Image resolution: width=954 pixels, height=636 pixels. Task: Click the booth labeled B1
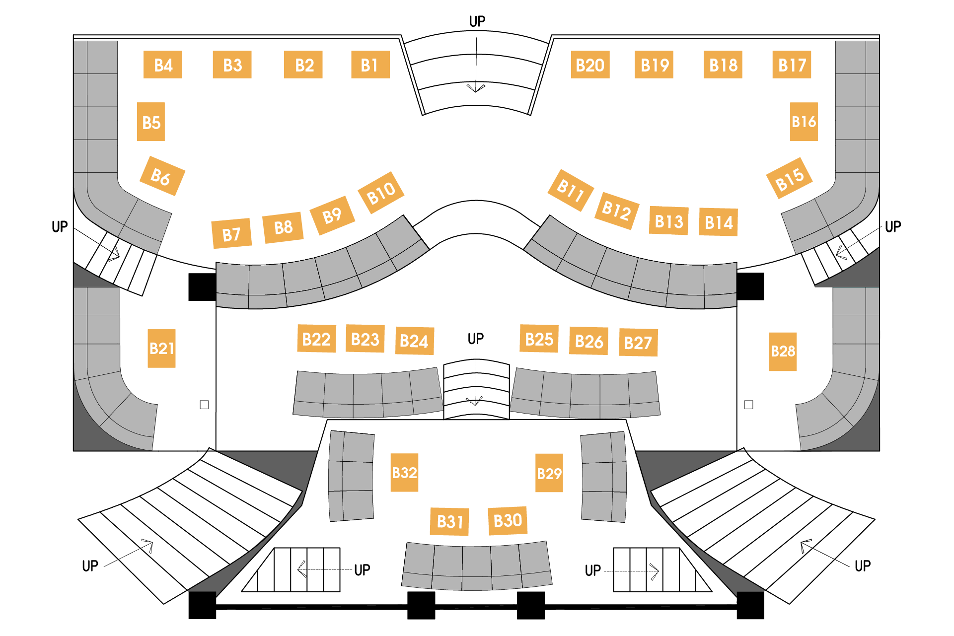tap(370, 65)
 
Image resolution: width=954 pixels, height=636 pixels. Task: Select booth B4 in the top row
tap(163, 65)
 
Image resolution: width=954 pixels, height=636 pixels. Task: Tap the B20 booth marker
tap(590, 65)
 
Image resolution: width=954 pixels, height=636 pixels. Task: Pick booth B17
tap(792, 65)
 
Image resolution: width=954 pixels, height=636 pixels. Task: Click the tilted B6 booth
tap(162, 176)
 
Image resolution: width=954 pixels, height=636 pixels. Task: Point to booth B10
tap(381, 193)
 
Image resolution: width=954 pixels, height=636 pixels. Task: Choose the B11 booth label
tap(571, 190)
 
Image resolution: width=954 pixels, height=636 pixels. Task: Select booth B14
tap(718, 222)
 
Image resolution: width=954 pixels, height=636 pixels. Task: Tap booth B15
tap(789, 178)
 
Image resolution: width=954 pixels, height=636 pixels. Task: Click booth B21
tap(161, 348)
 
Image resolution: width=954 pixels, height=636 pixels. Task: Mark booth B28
tap(783, 352)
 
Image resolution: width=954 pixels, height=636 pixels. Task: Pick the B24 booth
tap(414, 341)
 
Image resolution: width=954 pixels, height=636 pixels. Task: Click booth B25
tap(539, 339)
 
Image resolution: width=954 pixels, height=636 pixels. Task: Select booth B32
tap(404, 473)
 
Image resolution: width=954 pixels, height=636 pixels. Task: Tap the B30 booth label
tap(508, 521)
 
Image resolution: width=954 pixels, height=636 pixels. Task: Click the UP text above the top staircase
tap(477, 21)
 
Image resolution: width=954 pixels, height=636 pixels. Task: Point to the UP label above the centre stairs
tap(476, 339)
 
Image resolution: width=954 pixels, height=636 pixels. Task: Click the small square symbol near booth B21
tap(204, 405)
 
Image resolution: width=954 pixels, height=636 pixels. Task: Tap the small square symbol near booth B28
tap(749, 405)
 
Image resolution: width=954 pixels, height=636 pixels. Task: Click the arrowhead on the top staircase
tap(476, 88)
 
